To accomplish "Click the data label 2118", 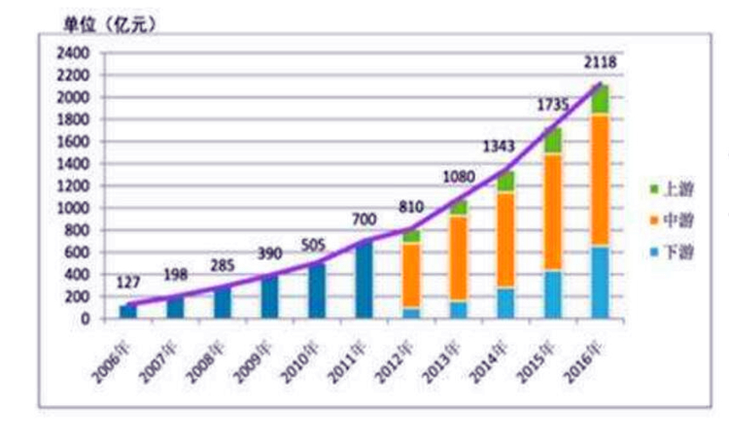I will coord(600,63).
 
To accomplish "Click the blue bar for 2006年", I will coord(128,312).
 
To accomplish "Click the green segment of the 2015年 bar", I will coord(553,141).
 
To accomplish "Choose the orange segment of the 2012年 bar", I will coord(411,275).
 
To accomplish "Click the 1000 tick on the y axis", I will coord(75,208).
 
